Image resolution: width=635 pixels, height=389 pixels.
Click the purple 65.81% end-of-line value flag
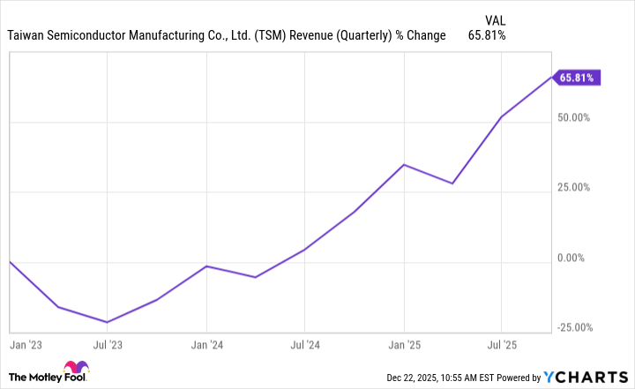pyautogui.click(x=578, y=78)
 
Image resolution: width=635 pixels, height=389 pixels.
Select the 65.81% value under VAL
pyautogui.click(x=489, y=36)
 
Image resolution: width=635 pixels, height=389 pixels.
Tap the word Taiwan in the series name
pyautogui.click(x=26, y=36)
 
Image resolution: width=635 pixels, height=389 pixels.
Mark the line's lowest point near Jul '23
pyautogui.click(x=107, y=322)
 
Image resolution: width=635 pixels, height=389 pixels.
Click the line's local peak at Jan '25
pyautogui.click(x=403, y=165)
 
